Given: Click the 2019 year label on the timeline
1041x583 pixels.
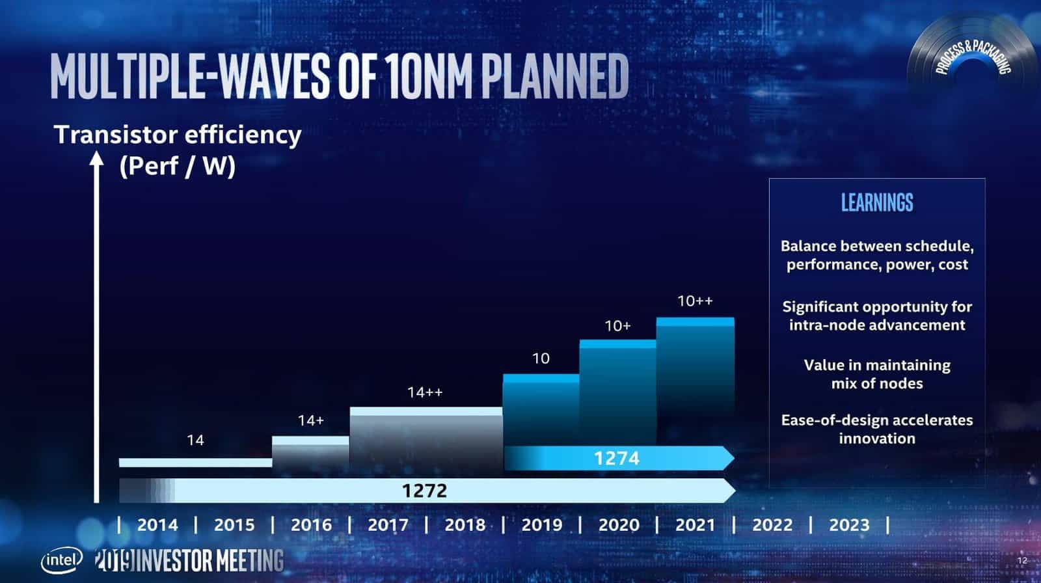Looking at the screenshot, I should (541, 524).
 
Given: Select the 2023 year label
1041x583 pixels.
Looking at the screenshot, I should (848, 524).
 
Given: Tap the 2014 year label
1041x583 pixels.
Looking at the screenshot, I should (157, 524).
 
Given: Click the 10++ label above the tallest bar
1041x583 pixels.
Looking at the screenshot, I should (695, 301).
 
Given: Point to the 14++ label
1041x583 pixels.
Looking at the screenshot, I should (425, 392).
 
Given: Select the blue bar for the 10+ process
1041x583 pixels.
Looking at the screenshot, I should (617, 390).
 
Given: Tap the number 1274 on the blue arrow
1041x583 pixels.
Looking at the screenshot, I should (616, 458).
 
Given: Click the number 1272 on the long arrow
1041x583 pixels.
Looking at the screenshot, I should (424, 490).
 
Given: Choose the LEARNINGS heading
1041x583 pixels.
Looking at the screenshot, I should (876, 203).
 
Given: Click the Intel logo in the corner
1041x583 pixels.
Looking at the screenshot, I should (62, 560).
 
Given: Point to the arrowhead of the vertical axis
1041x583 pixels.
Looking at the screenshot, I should (96, 159).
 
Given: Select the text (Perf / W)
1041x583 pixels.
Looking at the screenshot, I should (177, 166).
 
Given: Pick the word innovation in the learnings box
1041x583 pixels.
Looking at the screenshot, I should (876, 439).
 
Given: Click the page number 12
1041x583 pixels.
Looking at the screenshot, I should (1021, 560).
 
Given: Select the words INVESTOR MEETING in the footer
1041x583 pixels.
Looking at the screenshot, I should (210, 560).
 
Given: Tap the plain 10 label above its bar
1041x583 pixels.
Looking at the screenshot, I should (541, 358).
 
